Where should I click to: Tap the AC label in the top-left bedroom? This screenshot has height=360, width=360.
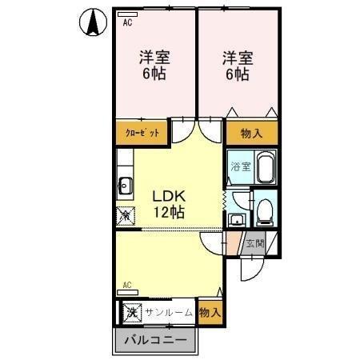point(127,22)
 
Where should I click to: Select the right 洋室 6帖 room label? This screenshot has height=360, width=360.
point(237,66)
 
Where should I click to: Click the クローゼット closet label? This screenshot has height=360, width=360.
point(141,133)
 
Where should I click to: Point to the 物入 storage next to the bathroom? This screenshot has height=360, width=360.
point(251,132)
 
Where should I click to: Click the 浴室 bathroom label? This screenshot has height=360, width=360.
point(241,166)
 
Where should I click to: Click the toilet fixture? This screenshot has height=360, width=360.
point(264,210)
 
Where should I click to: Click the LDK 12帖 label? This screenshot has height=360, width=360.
point(170,204)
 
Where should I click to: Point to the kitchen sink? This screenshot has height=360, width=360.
point(126,186)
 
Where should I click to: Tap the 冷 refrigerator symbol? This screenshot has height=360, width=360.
point(126,214)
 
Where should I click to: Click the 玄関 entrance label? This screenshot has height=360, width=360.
point(254,244)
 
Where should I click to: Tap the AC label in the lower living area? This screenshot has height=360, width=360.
point(127,284)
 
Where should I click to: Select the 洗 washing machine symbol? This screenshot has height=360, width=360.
point(130,312)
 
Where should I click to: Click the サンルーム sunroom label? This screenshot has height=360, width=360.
point(169,312)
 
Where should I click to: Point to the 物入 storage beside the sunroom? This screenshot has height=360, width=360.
point(210,311)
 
